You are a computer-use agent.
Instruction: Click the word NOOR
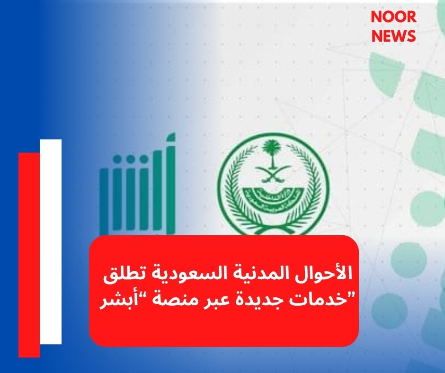click(393, 17)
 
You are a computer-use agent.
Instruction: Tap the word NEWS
click(393, 36)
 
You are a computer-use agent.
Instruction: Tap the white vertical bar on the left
click(51, 241)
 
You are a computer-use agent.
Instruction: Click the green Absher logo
click(137, 189)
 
